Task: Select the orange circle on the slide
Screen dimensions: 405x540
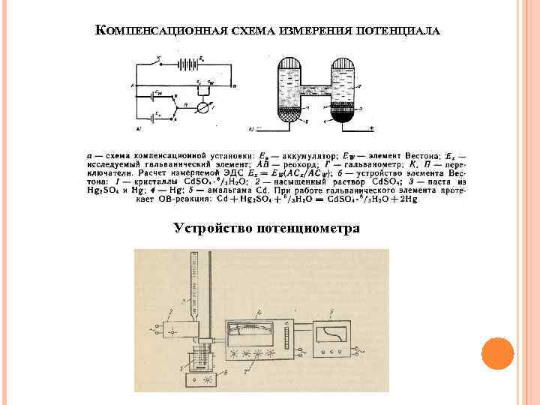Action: click(496, 352)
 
